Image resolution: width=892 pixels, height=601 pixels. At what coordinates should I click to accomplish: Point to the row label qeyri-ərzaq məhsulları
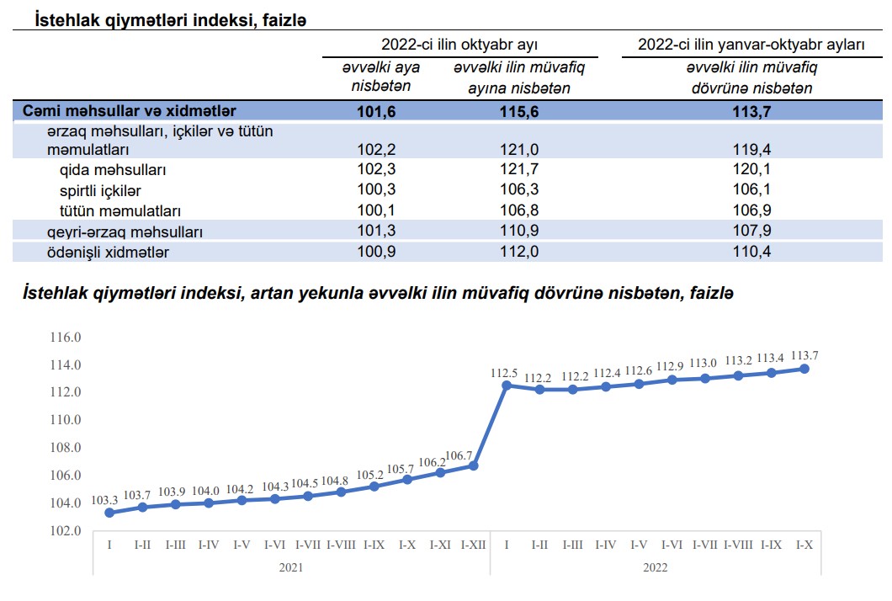click(125, 231)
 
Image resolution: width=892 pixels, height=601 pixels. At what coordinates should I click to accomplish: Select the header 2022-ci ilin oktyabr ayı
click(459, 44)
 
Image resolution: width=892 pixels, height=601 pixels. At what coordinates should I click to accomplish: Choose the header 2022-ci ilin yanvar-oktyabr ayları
click(751, 44)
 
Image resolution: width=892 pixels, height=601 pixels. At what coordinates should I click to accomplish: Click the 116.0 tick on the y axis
click(66, 337)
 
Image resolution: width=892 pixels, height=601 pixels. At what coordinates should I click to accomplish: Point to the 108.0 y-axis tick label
click(66, 448)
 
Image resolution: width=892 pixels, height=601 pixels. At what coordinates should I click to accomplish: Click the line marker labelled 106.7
click(474, 465)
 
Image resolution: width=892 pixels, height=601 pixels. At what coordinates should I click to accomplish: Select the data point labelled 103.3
click(109, 513)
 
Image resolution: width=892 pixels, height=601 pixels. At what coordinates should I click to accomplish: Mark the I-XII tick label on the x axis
click(474, 545)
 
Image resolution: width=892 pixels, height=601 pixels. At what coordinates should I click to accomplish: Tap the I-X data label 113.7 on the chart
click(804, 355)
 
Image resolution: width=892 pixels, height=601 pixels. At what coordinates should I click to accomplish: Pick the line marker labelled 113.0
click(704, 379)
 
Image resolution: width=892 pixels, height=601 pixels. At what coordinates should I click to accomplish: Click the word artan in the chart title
click(273, 293)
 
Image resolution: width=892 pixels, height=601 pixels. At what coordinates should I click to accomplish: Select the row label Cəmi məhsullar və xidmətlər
click(130, 111)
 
